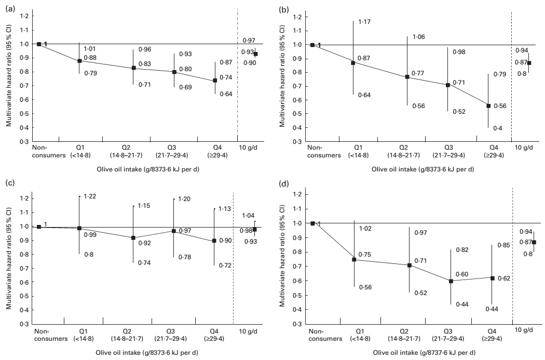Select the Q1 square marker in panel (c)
pos(79,228)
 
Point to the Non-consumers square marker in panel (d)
pos(312,223)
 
